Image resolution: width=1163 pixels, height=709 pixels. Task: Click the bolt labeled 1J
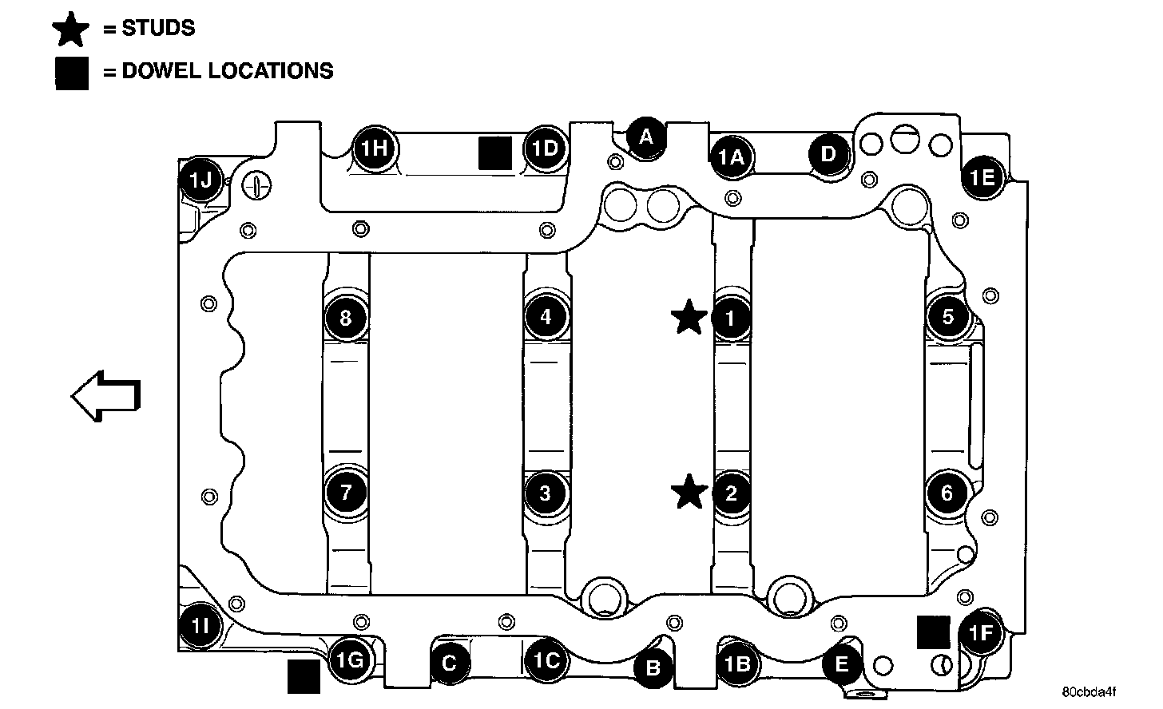[x=200, y=180]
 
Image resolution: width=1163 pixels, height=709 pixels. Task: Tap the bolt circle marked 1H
[x=373, y=148]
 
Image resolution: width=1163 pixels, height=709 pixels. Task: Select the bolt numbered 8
[x=345, y=319]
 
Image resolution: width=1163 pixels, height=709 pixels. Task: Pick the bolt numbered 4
[x=546, y=316]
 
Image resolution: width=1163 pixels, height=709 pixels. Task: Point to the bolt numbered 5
[x=947, y=316]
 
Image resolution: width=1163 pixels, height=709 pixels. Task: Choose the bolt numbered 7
[x=346, y=492]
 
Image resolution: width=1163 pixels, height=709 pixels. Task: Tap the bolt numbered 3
[x=546, y=493]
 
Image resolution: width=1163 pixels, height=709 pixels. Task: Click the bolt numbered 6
[x=947, y=493]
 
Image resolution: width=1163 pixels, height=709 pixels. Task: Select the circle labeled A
[x=646, y=137]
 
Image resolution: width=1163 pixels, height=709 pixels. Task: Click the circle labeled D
[x=828, y=153]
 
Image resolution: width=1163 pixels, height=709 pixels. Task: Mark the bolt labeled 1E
[x=982, y=176]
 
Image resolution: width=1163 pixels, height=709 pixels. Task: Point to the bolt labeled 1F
[x=980, y=634]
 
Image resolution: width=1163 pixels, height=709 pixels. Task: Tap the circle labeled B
[x=653, y=667]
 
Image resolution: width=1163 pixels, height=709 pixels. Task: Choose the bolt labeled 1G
[x=350, y=659]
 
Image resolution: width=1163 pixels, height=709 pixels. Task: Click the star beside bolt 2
[x=689, y=492]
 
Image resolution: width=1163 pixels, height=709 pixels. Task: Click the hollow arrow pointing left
[x=106, y=395]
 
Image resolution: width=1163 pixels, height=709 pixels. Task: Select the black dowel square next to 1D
[x=495, y=152]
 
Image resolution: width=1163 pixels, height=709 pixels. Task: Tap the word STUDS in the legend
[x=158, y=28]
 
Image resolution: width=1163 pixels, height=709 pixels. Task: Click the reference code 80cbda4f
[x=1089, y=691]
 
